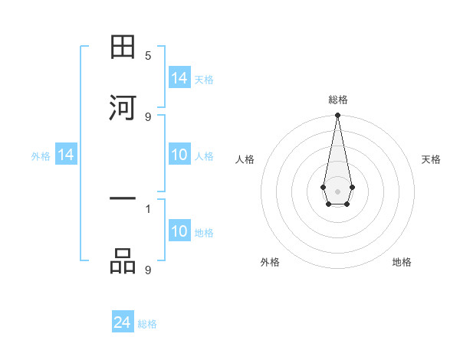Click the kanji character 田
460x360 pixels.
pyautogui.click(x=123, y=48)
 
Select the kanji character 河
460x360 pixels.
pyautogui.click(x=123, y=106)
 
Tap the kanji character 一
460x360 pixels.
pyautogui.click(x=123, y=201)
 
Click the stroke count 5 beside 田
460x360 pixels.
pyautogui.click(x=148, y=56)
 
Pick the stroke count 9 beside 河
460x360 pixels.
pyautogui.click(x=148, y=116)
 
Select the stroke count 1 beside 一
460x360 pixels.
pyautogui.click(x=148, y=208)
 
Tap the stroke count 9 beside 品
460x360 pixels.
pyautogui.click(x=148, y=270)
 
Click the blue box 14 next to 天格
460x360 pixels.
pyautogui.click(x=179, y=78)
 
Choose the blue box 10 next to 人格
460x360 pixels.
pyautogui.click(x=179, y=155)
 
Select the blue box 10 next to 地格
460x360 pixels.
pyautogui.click(x=179, y=232)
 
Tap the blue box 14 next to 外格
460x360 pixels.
pyautogui.click(x=66, y=155)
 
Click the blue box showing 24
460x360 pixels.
pyautogui.click(x=123, y=323)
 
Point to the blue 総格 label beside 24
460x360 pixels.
pyautogui.click(x=147, y=324)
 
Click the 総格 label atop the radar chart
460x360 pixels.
pyautogui.click(x=338, y=100)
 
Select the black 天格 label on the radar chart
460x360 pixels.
pyautogui.click(x=431, y=159)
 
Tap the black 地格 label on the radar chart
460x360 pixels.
pyautogui.click(x=402, y=262)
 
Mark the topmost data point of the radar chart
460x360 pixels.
pyautogui.click(x=337, y=116)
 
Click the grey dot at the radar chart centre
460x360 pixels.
pyautogui.click(x=337, y=191)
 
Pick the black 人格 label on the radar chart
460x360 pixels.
pyautogui.click(x=245, y=159)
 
